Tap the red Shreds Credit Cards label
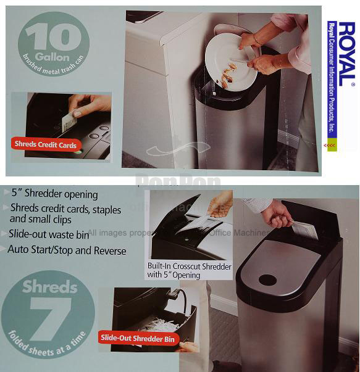[46, 145]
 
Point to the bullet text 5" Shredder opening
[53, 194]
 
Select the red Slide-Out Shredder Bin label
[137, 338]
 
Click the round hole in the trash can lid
[267, 279]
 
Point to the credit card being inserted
[77, 114]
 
